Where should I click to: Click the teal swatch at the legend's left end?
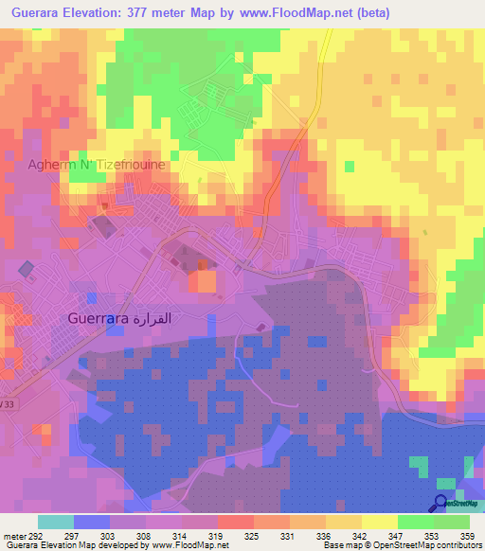[56, 522]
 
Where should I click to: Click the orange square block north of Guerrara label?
[202, 281]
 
